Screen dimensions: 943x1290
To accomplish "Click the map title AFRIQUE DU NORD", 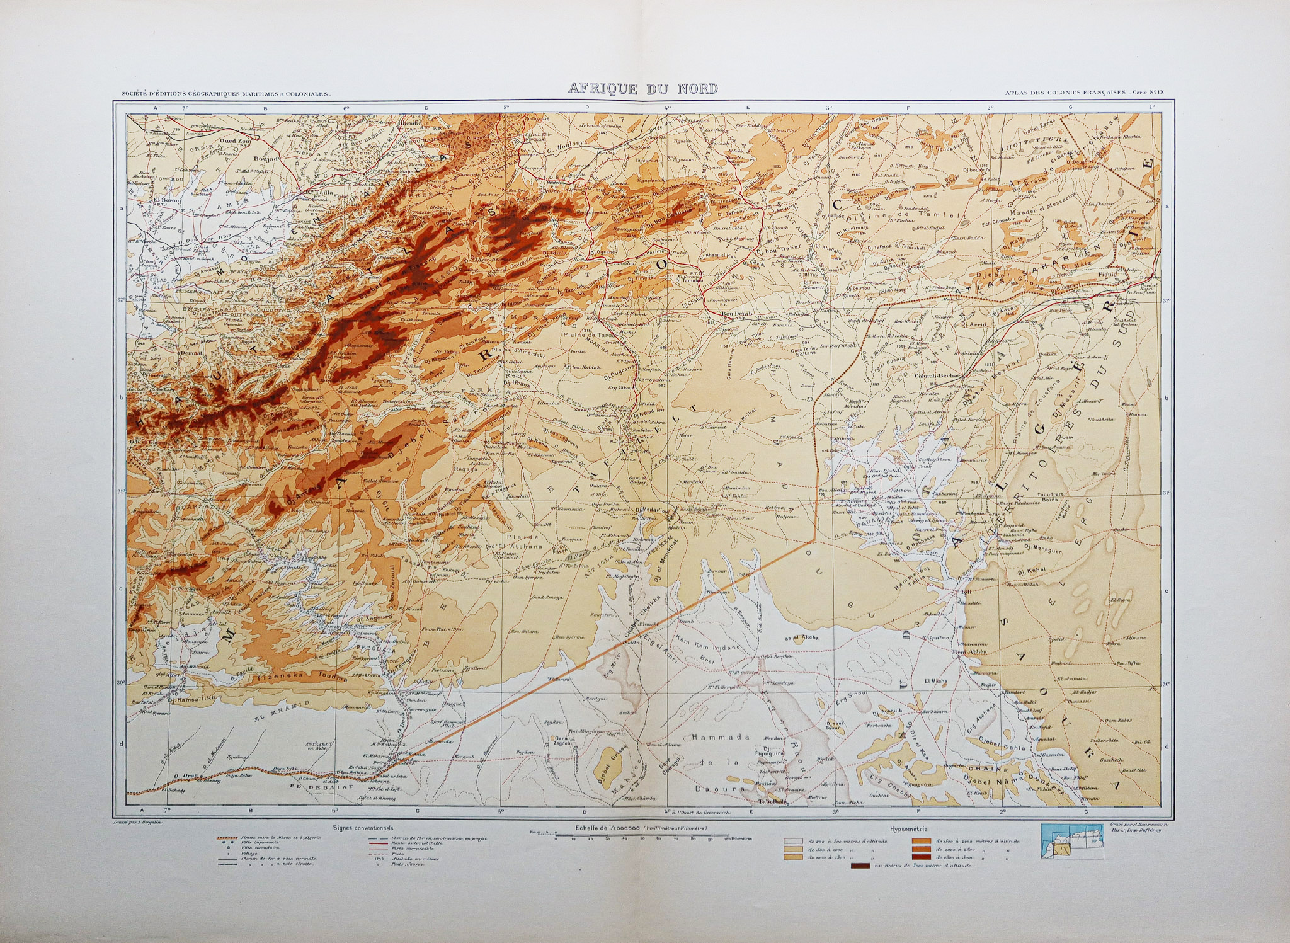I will (643, 89).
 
